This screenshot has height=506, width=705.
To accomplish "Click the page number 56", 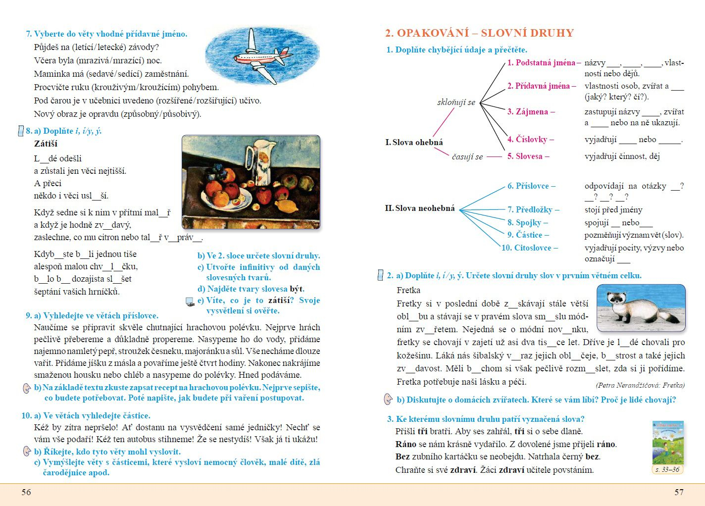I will point(26,492).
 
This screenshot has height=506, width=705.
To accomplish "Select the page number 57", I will point(679,492).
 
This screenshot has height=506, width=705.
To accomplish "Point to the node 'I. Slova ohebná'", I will point(414,143).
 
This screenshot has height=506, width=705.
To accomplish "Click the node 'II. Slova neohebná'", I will point(419,208).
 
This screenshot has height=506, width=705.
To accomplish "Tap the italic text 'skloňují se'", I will point(456,102).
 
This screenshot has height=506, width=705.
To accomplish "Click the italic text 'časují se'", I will point(467,157).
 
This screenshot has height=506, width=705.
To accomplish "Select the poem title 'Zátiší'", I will point(46,144).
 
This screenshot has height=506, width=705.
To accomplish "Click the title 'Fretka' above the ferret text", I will point(408,290).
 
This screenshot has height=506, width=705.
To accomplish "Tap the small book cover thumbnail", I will point(668,442).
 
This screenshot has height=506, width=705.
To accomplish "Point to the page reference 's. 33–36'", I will point(667,469).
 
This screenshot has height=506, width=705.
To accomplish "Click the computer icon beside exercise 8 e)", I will point(190,302).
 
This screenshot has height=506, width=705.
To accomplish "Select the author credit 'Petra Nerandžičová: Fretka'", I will point(640,385).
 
